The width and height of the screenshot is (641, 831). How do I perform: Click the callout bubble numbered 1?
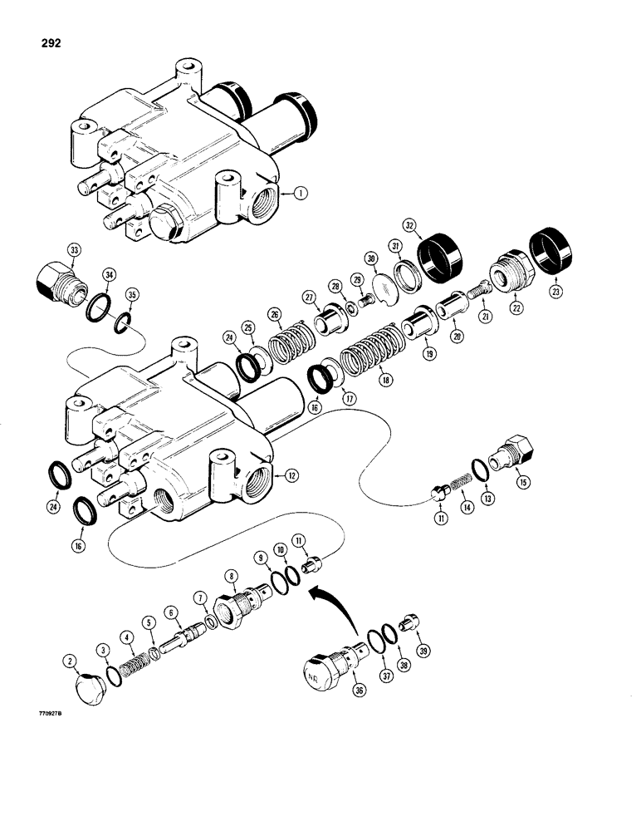pyautogui.click(x=299, y=192)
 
